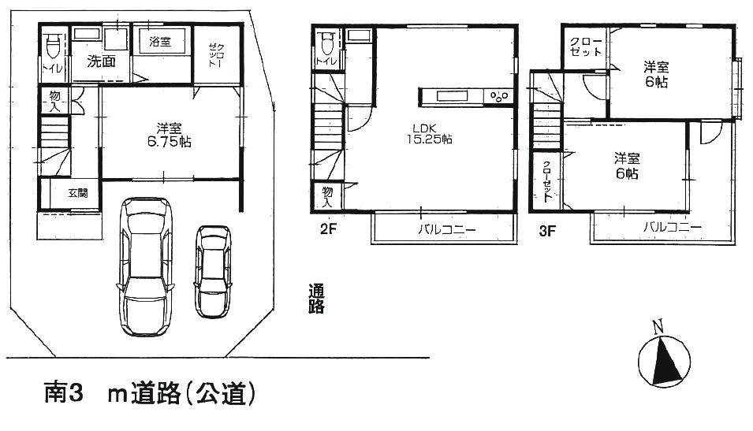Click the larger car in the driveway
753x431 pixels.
(x=145, y=266)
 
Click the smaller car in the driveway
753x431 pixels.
(x=213, y=271)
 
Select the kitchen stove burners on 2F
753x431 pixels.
(x=500, y=97)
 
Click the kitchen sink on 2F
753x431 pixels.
(x=450, y=97)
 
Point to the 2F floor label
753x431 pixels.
(x=329, y=230)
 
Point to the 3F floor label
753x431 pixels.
(x=549, y=230)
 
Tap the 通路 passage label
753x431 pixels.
(x=316, y=300)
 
